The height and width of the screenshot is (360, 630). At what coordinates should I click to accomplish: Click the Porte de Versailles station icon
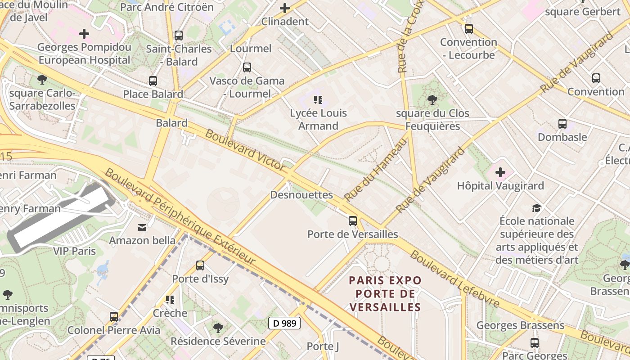click(353, 221)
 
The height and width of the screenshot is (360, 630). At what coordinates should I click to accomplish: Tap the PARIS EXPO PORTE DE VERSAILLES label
click(385, 294)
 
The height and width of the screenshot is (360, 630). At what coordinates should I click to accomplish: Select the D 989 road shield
click(284, 323)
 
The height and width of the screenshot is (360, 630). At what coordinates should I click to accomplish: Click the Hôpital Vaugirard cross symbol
click(500, 172)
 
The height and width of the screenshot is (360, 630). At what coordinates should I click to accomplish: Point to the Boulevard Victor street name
click(245, 150)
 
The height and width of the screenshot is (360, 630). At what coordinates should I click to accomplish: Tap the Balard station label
click(171, 123)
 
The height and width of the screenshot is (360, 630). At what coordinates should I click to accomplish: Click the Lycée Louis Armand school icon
click(318, 100)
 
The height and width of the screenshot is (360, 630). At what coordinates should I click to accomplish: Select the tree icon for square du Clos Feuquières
click(432, 99)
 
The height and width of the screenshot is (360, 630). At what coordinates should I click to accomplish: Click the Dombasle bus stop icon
click(562, 124)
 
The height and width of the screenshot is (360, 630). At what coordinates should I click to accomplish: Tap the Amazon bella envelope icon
click(142, 227)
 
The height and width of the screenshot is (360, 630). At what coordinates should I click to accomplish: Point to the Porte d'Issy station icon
click(200, 265)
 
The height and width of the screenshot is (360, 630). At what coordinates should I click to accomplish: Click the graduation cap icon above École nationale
click(536, 208)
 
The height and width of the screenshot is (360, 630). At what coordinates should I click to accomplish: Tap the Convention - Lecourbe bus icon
click(468, 29)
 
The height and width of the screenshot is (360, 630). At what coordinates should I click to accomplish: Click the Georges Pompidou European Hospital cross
click(84, 34)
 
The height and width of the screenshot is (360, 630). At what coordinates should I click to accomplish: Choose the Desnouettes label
click(301, 195)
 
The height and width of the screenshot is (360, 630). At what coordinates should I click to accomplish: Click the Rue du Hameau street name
click(376, 170)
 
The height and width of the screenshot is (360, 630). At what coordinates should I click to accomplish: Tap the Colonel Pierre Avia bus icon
click(114, 317)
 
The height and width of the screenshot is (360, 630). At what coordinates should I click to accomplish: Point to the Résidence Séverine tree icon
click(218, 328)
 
